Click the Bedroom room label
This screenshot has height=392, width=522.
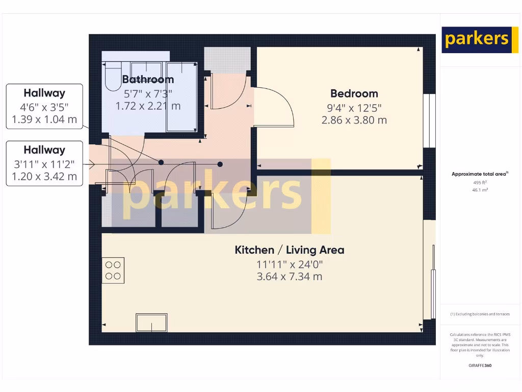click(354, 93)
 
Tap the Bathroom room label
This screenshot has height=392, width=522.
click(148, 79)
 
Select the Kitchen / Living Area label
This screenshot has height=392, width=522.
click(289, 250)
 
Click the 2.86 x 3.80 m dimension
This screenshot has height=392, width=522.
click(354, 120)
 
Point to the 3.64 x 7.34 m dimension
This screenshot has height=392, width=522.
click(289, 277)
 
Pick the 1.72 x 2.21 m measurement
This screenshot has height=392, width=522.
click(148, 106)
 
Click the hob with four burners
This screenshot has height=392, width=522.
click(113, 271)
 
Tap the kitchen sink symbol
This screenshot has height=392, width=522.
click(151, 323)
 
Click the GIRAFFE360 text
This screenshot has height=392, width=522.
click(479, 365)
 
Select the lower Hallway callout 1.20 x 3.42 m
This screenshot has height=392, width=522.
click(44, 177)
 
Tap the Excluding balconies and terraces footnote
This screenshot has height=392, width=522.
click(479, 314)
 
